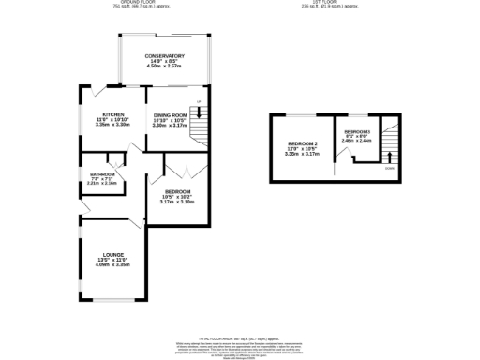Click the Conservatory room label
[164, 56]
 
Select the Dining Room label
[171, 114]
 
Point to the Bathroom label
[102, 173]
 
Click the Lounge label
[114, 254]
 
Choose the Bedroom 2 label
[303, 142]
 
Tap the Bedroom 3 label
[357, 130]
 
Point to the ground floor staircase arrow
[199, 112]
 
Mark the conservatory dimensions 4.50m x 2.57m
[164, 67]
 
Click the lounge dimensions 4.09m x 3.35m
[114, 265]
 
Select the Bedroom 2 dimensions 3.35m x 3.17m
[303, 154]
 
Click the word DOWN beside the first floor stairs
[389, 170]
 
